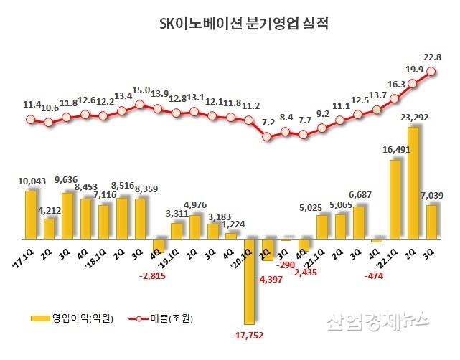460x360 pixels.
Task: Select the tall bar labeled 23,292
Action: pos(413,182)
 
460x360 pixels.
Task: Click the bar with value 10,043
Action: pos(31,214)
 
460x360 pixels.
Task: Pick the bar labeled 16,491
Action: pos(395,198)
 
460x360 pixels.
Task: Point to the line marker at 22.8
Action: pos(432,71)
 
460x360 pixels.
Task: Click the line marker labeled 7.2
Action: pos(268,136)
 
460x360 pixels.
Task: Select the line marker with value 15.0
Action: pos(141,105)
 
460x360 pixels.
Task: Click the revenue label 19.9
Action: pos(415,69)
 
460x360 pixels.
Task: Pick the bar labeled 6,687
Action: pos(358,222)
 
